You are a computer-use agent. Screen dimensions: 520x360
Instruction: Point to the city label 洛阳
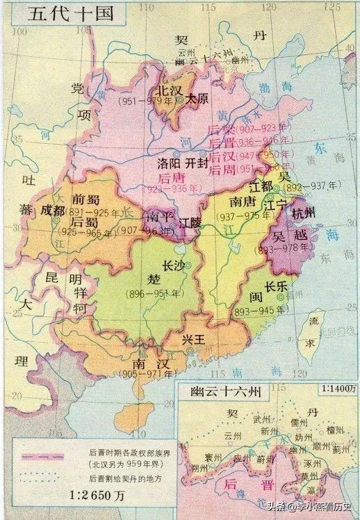click(170, 165)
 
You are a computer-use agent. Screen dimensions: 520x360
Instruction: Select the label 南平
click(156, 216)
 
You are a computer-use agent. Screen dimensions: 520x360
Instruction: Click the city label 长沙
click(174, 266)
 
